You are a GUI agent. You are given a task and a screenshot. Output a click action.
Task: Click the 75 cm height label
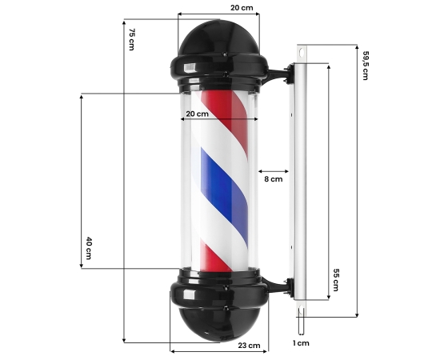point(131,39)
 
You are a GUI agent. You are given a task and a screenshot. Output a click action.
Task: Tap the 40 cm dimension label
point(89,248)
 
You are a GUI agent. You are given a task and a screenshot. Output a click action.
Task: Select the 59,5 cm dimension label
point(365,66)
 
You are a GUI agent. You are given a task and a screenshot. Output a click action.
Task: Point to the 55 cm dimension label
point(336,280)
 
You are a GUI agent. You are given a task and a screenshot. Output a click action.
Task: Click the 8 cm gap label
point(274,179)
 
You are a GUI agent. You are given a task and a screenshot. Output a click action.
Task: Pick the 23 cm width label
point(249,345)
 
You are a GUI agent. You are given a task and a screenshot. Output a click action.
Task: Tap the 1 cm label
point(301,343)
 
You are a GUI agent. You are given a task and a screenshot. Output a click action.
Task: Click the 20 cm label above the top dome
point(242,7)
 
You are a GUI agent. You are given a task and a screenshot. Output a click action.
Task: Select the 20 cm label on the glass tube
point(198,114)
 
